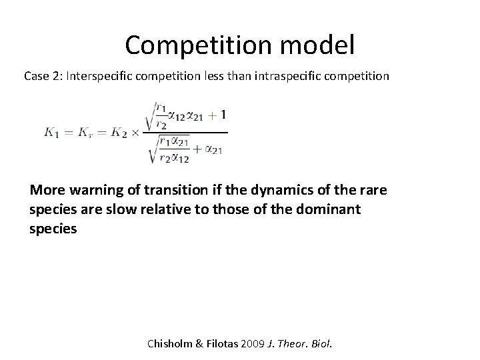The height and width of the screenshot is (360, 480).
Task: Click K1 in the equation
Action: click(51, 132)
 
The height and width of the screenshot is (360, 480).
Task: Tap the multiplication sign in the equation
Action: click(136, 132)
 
